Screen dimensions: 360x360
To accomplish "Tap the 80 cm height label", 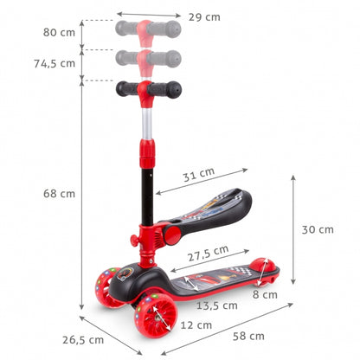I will point(59,33).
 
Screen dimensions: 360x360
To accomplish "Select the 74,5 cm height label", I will point(54,63).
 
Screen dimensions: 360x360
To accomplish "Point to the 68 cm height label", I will point(59,193).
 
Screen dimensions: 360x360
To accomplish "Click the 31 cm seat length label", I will point(198,174).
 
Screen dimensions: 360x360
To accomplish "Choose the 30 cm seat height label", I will point(317,229).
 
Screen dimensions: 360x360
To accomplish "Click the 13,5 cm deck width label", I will point(217,305).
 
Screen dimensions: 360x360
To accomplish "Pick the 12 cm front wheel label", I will point(196,325).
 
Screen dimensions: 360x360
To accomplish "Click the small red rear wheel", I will point(266,268).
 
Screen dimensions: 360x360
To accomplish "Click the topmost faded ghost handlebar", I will point(148,29).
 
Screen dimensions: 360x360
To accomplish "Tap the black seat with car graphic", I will point(208,208).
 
